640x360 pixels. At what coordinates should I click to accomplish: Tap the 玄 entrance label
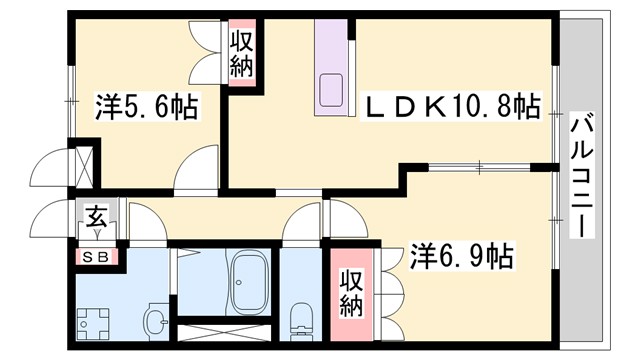[x=97, y=216]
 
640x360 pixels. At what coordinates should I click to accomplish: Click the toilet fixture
[x=298, y=319]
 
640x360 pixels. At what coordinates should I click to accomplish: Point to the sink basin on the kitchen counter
[x=331, y=93]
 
